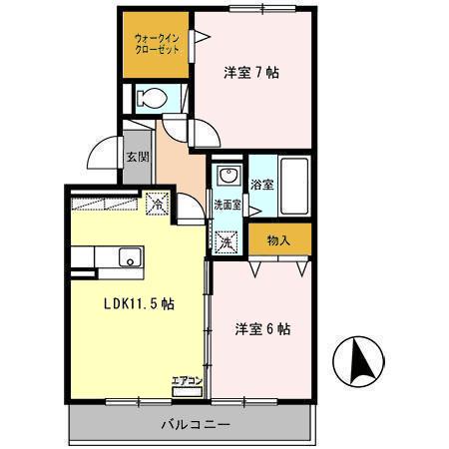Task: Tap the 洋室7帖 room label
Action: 250,72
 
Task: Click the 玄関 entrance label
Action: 137,157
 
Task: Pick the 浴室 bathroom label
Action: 261,184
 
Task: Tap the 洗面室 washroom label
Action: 227,207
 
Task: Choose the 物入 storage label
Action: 280,239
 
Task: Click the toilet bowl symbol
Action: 152,99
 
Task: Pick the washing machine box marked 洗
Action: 226,240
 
